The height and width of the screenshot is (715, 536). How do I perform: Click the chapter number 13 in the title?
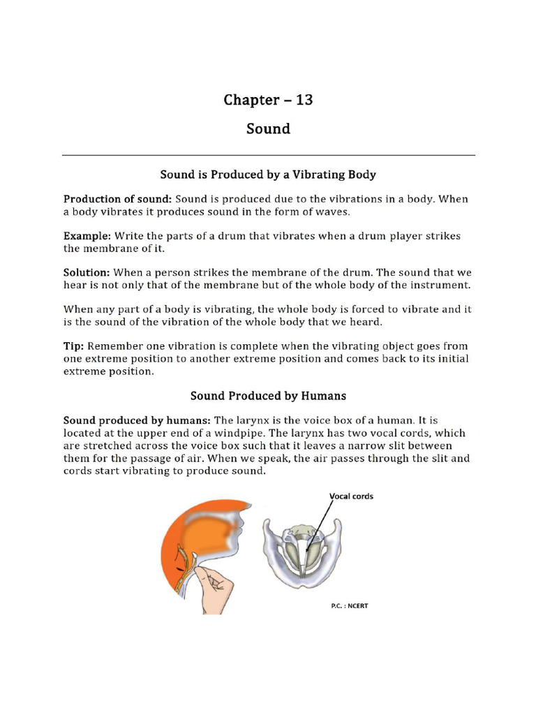pos(304,100)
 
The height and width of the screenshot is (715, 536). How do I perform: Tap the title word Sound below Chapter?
pos(268,129)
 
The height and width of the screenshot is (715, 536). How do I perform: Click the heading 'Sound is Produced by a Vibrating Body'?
pos(268,173)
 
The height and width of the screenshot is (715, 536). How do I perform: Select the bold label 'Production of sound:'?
pos(113,199)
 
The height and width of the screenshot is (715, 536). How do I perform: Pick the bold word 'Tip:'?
pos(74,346)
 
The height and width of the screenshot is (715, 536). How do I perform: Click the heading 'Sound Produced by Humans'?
pos(268,396)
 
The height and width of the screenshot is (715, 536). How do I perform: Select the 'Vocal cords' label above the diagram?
pos(351,496)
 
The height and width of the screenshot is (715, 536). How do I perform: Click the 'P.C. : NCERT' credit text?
pos(349,606)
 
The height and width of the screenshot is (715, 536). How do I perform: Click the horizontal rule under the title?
pos(268,154)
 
